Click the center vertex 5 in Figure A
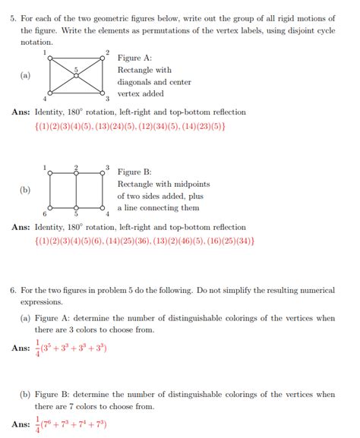point(77,75)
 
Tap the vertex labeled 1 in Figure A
point(50,58)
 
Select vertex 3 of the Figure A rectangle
point(103,93)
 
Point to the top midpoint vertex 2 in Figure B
point(76,172)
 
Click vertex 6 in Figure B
point(50,207)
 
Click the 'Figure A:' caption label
point(134,58)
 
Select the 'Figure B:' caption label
point(134,172)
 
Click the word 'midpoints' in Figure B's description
point(191,184)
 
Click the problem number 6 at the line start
point(14,290)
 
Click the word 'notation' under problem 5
point(36,43)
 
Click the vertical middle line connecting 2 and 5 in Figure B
point(77,190)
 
